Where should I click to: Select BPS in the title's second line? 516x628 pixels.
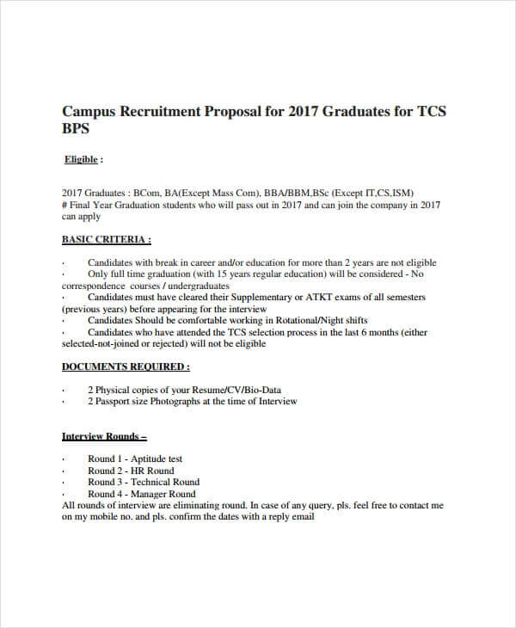pos(77,130)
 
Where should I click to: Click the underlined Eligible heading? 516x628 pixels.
pos(83,159)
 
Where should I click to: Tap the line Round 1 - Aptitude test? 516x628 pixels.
pos(135,459)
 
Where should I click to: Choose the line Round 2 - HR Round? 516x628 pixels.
pos(131,471)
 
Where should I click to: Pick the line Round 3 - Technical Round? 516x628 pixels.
pos(144,482)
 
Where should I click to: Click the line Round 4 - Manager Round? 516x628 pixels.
pos(142,494)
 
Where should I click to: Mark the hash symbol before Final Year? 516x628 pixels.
pos(65,205)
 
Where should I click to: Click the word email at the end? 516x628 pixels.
pos(303,517)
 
